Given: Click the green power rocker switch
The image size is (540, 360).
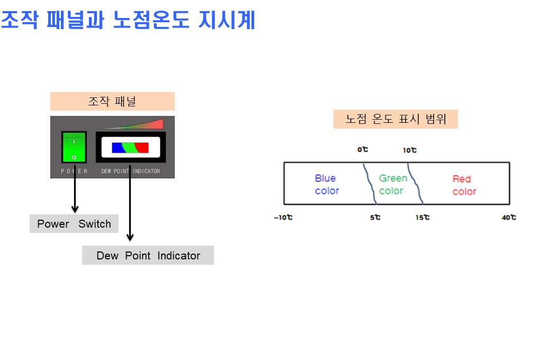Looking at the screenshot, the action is pos(74,147).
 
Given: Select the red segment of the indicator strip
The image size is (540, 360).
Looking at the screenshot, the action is pos(142,148).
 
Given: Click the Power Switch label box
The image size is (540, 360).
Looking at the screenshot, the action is pos(74,223).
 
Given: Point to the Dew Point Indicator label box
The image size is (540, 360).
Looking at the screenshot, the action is pos(148,255).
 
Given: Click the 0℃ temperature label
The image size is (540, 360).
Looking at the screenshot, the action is pos(363,149).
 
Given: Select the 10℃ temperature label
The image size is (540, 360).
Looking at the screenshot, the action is pos(410,150).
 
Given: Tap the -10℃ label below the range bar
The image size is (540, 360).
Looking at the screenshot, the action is pos(283,218).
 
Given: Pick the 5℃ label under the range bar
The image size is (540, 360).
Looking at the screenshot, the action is pos(375,218).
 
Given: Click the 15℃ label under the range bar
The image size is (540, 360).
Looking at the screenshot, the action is pos(422,218).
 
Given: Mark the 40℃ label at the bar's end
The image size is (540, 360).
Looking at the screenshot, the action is pos(509,218).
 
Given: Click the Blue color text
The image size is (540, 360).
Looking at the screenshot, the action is pos(327,184).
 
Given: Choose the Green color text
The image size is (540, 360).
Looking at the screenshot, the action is pos(393,184).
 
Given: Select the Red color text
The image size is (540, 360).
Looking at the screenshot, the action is pos(464,185).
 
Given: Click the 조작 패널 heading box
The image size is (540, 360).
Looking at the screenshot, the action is pos(112,101).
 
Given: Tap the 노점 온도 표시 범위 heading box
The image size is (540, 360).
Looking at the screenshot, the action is pos(395,119).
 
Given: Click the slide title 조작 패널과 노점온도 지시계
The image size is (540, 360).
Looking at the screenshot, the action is pos(128,20).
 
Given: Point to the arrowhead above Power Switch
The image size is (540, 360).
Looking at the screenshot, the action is pos(75,209).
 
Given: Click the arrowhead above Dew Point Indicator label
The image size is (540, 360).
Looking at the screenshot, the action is pos(130,237).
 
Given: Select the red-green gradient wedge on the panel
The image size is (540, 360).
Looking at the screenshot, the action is pos(138,124).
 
